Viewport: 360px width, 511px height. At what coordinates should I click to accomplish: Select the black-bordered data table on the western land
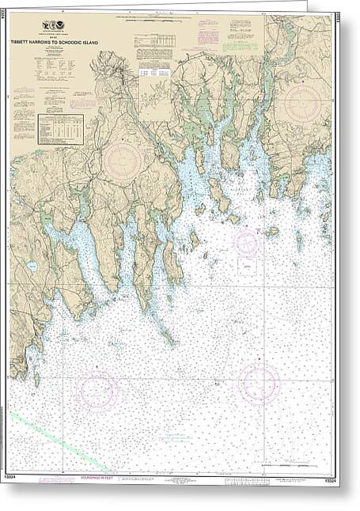point(60,128)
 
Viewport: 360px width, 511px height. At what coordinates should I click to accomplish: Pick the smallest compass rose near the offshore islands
point(246,243)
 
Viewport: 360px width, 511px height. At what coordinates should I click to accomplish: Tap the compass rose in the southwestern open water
point(97,391)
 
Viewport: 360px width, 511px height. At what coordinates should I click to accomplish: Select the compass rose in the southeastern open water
point(260,383)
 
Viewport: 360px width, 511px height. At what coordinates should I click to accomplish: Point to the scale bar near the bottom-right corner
point(301,480)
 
